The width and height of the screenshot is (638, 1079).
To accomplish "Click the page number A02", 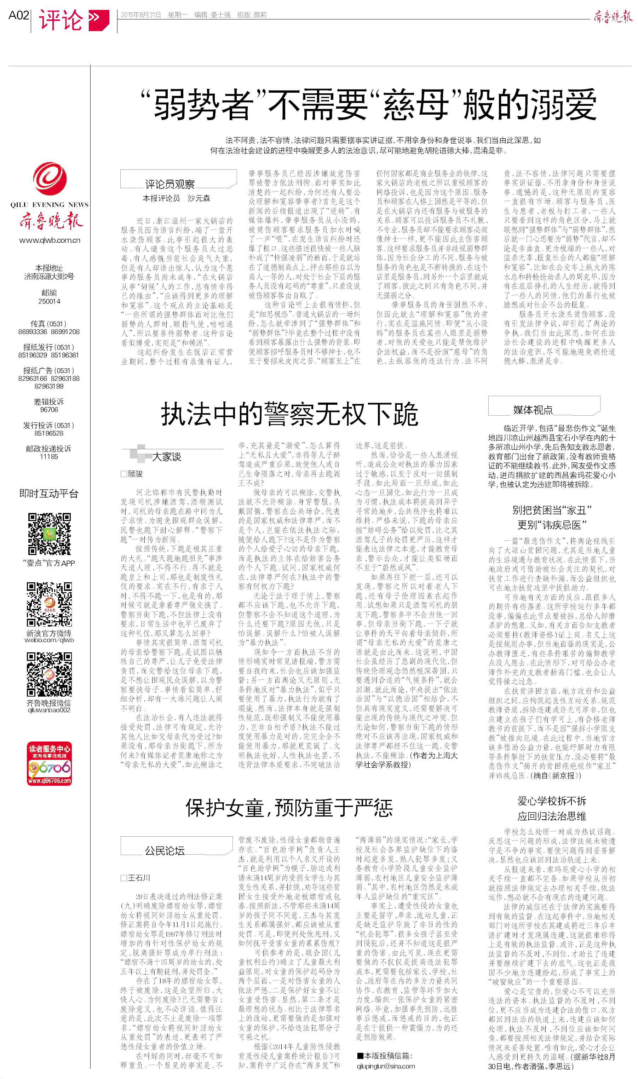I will (x=18, y=16).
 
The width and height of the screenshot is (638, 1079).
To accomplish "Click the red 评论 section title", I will (x=61, y=20).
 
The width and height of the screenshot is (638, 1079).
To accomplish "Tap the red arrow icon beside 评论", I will (x=98, y=19).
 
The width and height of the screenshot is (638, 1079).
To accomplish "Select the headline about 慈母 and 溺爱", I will (x=368, y=104).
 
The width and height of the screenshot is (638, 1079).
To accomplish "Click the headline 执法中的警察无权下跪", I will (x=289, y=414).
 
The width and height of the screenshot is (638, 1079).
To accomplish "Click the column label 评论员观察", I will (x=169, y=184).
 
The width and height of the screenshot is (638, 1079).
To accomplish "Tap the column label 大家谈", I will (x=166, y=457).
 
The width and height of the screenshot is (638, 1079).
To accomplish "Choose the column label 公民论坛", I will (x=164, y=850).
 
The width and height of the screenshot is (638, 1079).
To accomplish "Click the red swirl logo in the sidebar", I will (x=50, y=178).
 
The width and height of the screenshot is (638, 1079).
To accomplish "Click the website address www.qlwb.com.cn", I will (x=50, y=240).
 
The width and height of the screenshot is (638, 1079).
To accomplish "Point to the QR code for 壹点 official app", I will (x=50, y=534).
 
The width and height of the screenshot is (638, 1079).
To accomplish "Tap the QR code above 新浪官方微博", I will (x=49, y=604).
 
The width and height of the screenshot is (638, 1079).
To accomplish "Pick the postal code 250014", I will (x=49, y=301).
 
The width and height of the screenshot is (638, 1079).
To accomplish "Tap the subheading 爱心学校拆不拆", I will (x=552, y=801).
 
